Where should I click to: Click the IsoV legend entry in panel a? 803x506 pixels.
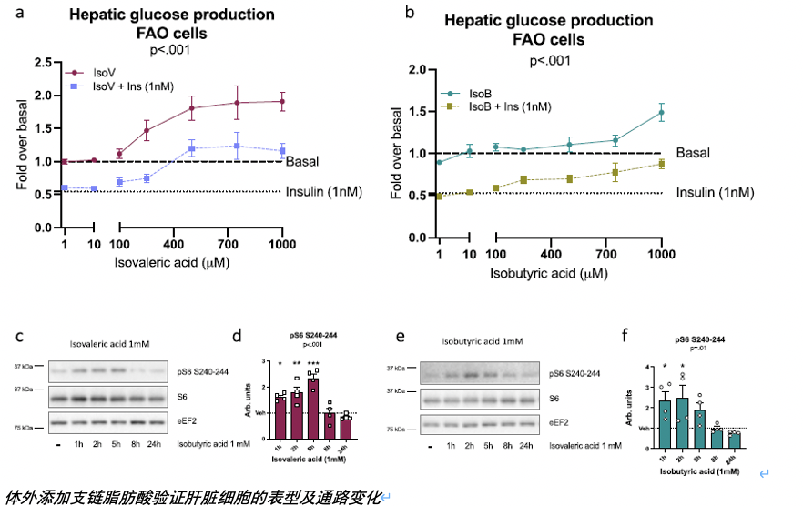pos(105,71)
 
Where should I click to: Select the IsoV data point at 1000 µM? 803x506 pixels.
pos(282,102)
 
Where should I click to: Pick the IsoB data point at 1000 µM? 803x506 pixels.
pos(661,113)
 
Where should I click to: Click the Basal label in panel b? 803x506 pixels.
pos(691,153)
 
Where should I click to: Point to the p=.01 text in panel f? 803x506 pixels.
pos(698,349)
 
